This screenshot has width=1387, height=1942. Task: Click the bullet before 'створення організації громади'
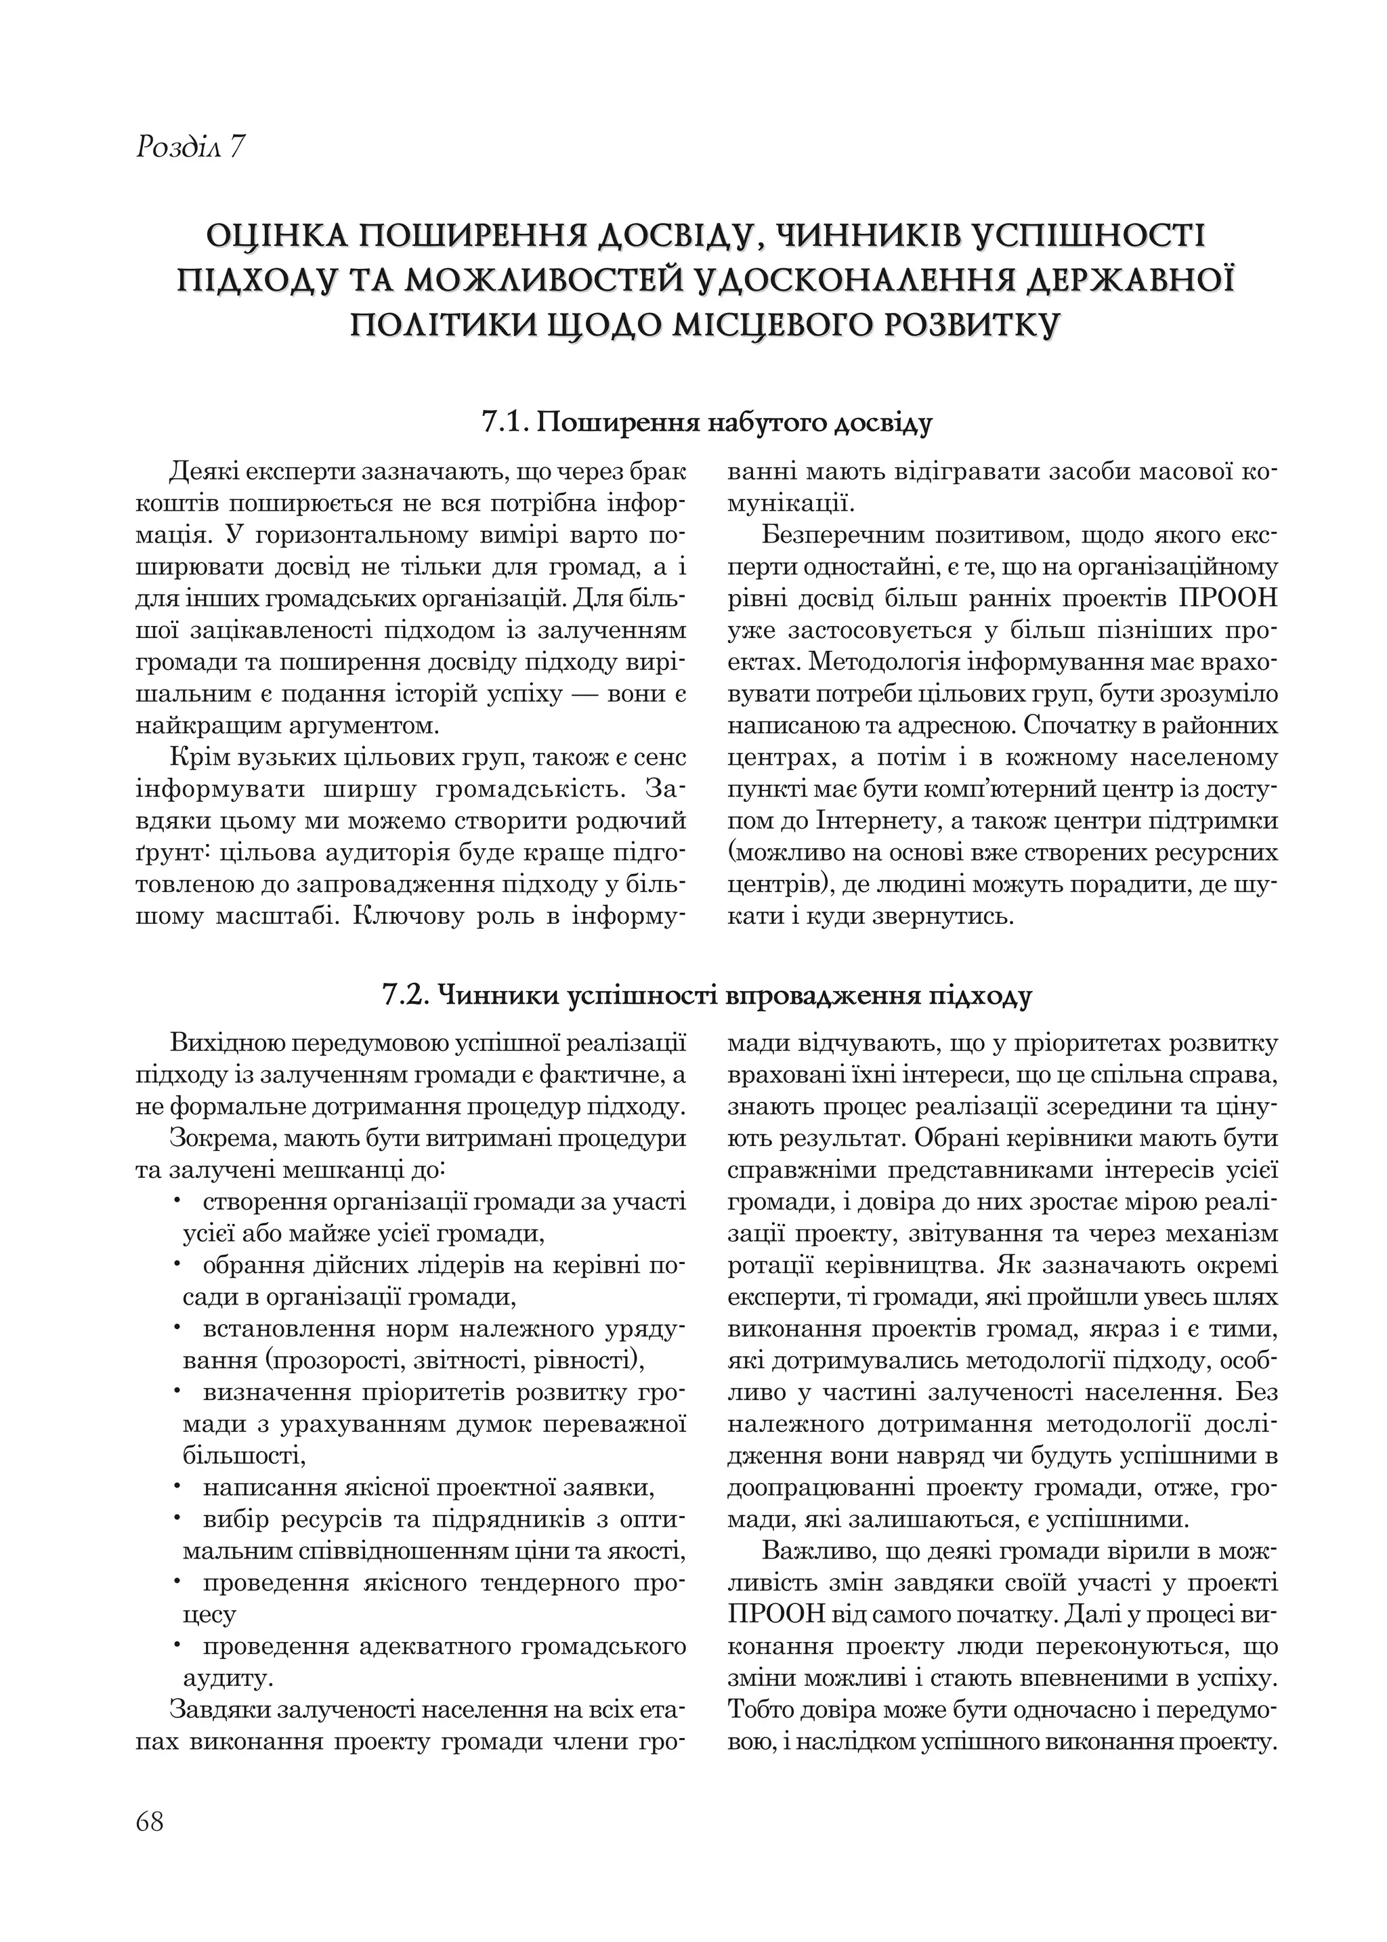pyautogui.click(x=176, y=1202)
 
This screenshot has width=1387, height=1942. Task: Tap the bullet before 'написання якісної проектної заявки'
pyautogui.click(x=176, y=1489)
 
